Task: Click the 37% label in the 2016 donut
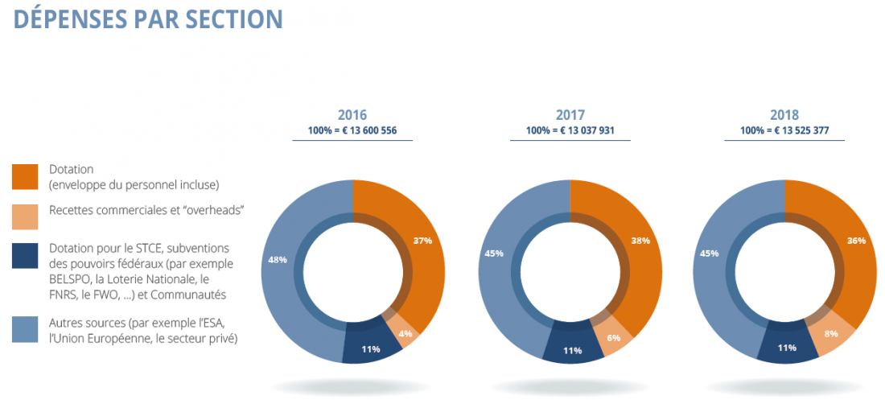tap(422, 241)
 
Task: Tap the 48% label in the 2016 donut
tap(278, 260)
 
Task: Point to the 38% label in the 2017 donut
tap(640, 241)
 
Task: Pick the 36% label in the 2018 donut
tap(856, 241)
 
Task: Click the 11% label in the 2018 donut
tap(787, 348)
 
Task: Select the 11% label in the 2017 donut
tap(572, 350)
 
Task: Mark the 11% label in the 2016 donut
tap(371, 348)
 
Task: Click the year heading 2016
tap(352, 115)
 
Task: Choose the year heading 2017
tap(570, 115)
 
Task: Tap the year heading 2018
tap(784, 115)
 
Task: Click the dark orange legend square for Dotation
tap(26, 176)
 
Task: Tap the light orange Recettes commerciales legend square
tap(26, 216)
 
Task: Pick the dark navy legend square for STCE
tap(26, 256)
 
